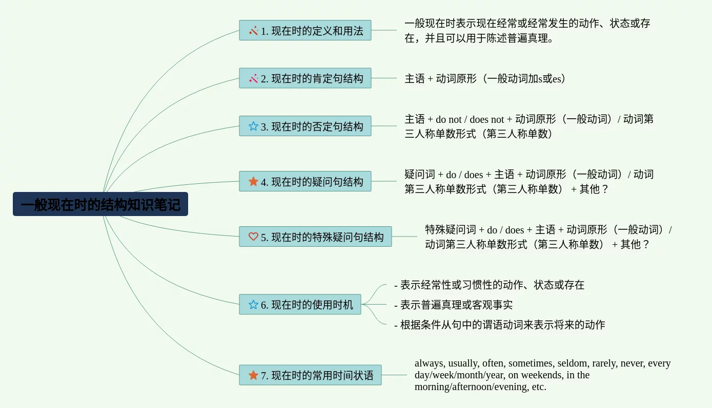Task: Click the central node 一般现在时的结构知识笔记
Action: point(100,204)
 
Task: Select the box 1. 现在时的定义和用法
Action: point(305,31)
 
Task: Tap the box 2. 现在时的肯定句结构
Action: point(305,78)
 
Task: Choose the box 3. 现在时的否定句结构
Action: point(305,126)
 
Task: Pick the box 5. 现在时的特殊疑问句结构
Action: point(315,237)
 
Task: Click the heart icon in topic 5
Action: point(253,237)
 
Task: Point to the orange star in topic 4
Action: point(253,181)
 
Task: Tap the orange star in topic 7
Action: point(253,375)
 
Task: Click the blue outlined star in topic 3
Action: point(253,126)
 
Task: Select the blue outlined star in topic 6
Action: point(253,305)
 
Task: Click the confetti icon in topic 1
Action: point(253,31)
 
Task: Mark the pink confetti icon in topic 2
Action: point(253,78)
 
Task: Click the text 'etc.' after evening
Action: point(539,386)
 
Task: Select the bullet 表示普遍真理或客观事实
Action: point(453,305)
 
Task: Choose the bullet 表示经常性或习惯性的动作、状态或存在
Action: point(489,285)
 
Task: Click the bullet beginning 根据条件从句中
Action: point(500,325)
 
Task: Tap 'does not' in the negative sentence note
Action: point(486,119)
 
